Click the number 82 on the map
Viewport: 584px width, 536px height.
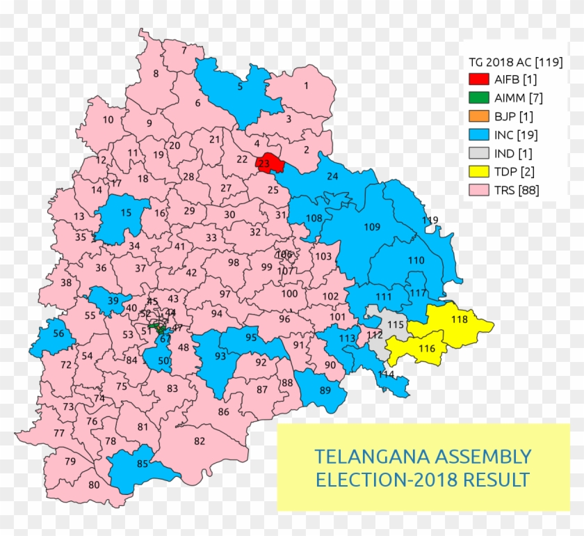[200, 441]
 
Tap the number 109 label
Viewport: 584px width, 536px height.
[372, 227]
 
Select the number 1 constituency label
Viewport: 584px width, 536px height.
[305, 86]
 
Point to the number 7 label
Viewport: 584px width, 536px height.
[184, 50]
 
